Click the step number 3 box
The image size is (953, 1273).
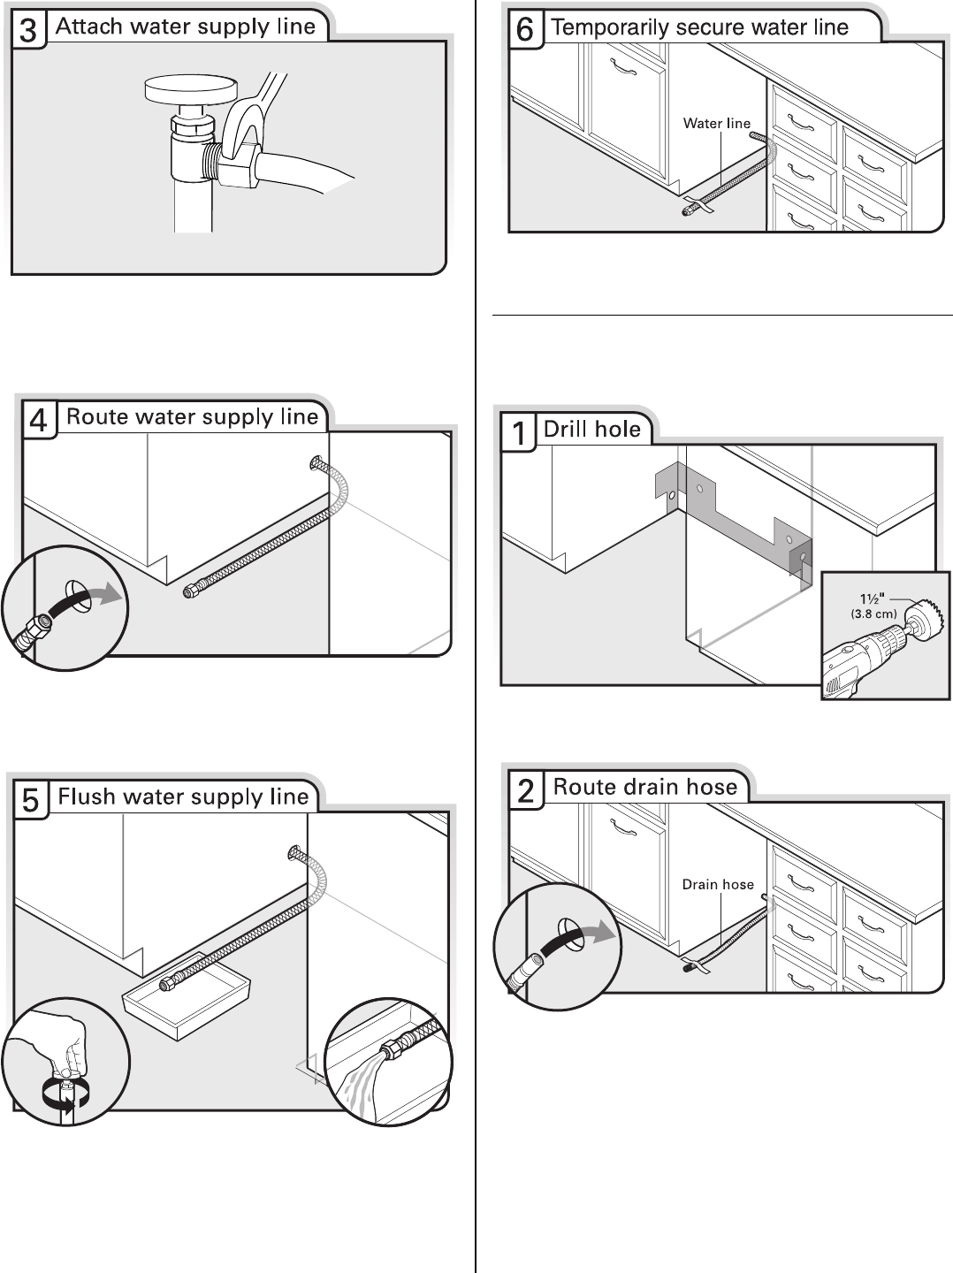[28, 29]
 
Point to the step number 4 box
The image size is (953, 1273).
[39, 419]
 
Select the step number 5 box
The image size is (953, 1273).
[30, 800]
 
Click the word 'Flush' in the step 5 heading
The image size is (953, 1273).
[87, 797]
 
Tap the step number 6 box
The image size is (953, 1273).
[524, 29]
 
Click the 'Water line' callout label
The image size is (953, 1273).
[716, 124]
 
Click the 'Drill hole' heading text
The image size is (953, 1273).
[591, 430]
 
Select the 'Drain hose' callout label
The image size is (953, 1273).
[718, 884]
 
